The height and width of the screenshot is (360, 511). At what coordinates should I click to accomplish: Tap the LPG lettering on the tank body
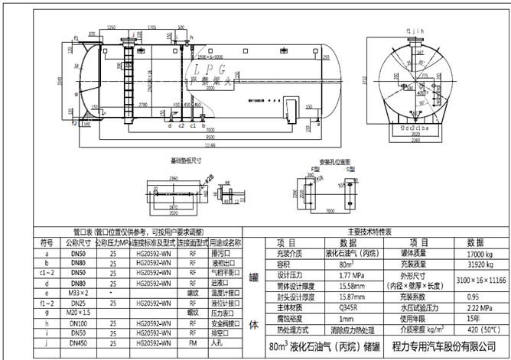tap(200, 68)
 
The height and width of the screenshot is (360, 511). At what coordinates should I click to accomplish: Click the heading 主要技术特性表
tap(369, 231)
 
